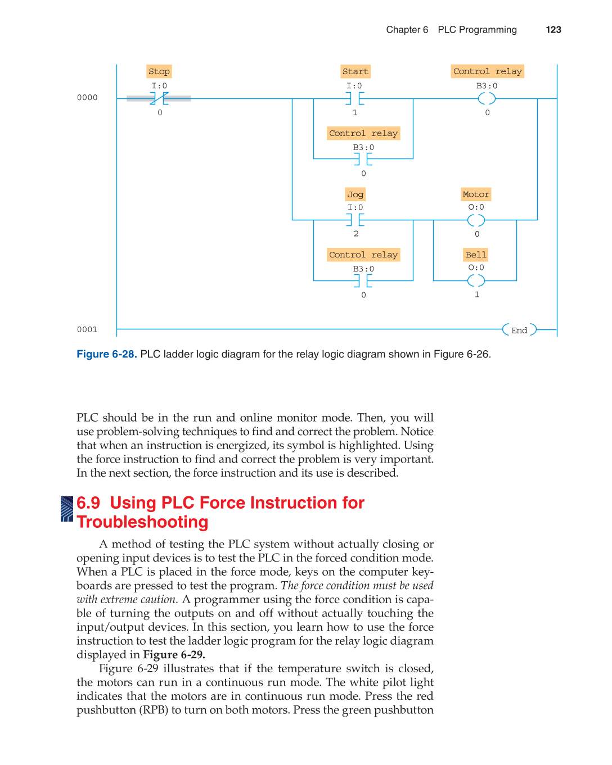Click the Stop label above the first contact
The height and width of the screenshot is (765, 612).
159,71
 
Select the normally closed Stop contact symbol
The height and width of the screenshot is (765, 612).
159,98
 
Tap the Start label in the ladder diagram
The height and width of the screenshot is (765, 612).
355,71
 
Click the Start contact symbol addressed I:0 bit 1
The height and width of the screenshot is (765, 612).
354,98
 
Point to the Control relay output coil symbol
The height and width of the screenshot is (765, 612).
487,98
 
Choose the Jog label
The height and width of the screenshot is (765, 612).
355,194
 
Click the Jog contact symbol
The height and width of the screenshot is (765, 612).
355,220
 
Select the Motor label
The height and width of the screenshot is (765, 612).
476,194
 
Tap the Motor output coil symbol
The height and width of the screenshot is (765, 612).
476,220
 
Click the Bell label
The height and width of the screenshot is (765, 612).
476,255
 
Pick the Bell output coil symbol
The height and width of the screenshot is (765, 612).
476,280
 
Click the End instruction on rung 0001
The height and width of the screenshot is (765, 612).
519,330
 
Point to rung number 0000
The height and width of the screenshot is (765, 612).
87,98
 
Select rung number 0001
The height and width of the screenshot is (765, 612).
87,330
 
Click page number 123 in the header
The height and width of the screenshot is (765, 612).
553,30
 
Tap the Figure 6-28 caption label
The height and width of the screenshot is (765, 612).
106,354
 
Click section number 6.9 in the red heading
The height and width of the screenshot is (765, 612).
88,503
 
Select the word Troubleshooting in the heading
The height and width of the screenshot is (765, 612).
142,522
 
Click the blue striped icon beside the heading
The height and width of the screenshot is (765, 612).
67,509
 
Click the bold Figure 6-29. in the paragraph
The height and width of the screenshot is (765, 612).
174,655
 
